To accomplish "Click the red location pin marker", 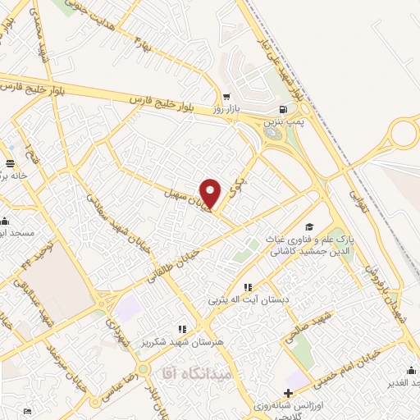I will coord(212,192).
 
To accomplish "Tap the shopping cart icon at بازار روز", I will coord(227,97).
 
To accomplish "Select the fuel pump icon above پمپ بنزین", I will coord(283,109).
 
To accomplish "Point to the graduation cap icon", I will coord(308,226).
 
